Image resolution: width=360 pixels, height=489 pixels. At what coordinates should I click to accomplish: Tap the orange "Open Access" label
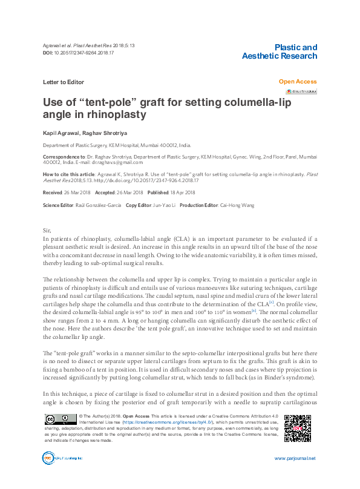click(x=298, y=81)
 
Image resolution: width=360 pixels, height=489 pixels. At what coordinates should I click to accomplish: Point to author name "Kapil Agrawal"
click(x=60, y=132)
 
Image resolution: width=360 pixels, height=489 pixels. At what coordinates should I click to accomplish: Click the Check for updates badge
click(x=301, y=92)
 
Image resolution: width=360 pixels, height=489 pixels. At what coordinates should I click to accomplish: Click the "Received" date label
click(x=53, y=192)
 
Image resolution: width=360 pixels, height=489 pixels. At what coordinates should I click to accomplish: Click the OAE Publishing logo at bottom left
click(x=59, y=459)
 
